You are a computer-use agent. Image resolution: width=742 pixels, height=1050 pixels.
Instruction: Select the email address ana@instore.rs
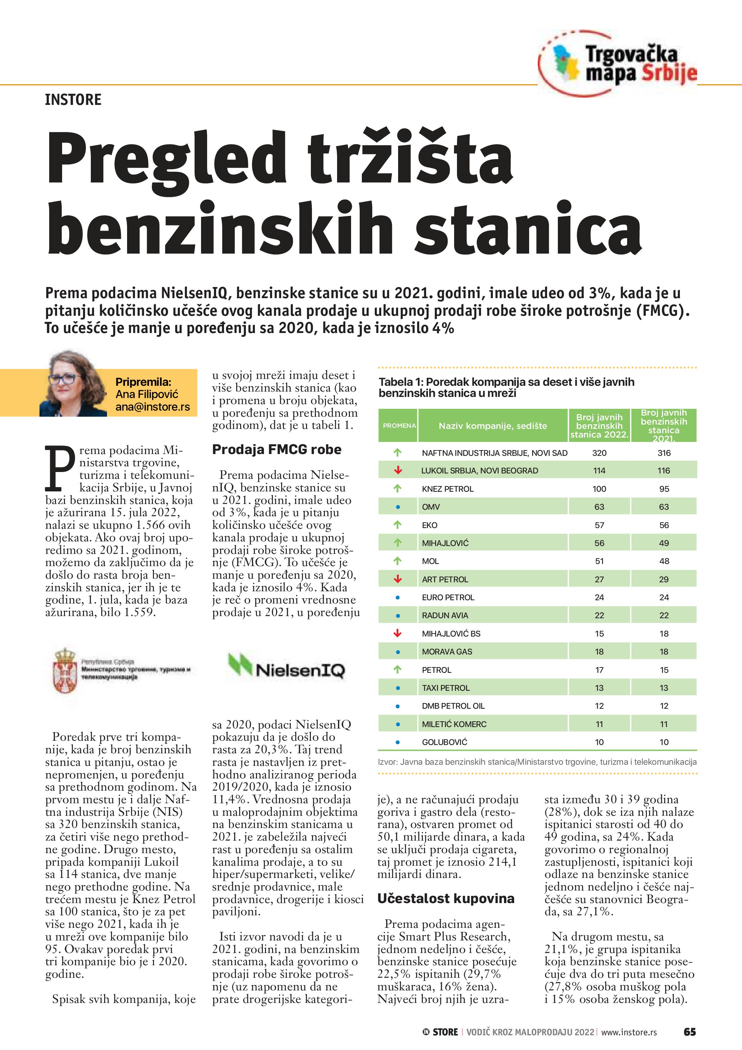click(x=152, y=407)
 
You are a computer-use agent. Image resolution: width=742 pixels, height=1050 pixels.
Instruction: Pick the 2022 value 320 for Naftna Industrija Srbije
click(x=599, y=453)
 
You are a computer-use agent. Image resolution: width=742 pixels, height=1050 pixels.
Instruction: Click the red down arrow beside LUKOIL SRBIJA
click(x=397, y=470)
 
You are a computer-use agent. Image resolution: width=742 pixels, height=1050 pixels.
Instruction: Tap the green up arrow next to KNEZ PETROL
click(x=397, y=489)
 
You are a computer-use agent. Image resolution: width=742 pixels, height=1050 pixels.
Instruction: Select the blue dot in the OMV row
click(x=397, y=507)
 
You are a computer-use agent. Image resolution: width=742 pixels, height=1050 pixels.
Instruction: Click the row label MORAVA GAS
click(x=447, y=652)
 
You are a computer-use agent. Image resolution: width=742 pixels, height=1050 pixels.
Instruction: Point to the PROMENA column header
click(x=399, y=425)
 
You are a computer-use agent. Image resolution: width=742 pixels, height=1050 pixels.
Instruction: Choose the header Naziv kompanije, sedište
click(x=493, y=426)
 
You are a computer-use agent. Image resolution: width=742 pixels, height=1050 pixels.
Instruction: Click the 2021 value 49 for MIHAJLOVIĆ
click(x=664, y=543)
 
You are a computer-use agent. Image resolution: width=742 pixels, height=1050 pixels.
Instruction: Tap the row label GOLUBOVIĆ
click(x=444, y=742)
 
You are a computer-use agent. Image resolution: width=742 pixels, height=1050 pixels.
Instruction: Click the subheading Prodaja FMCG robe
click(x=276, y=449)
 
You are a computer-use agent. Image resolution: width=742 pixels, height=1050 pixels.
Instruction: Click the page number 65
click(x=690, y=1032)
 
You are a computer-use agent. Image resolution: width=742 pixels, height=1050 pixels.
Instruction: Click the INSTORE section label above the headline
click(x=73, y=100)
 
